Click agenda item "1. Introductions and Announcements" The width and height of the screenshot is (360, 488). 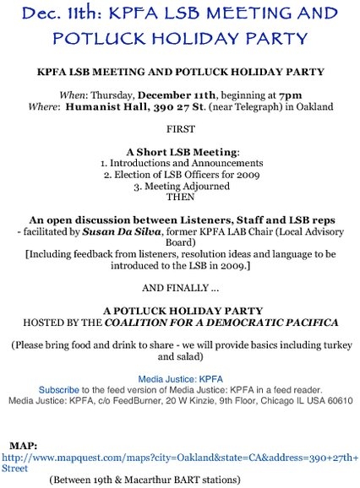(x=180, y=162)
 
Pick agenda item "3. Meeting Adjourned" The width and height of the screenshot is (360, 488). (x=179, y=187)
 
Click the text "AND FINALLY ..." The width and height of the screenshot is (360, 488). (x=179, y=283)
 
